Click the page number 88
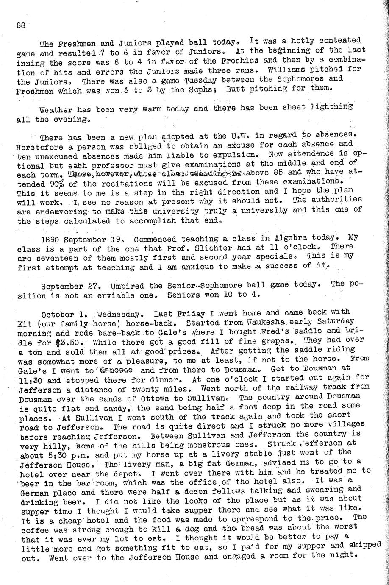(x=21, y=25)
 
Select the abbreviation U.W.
(x=239, y=137)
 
